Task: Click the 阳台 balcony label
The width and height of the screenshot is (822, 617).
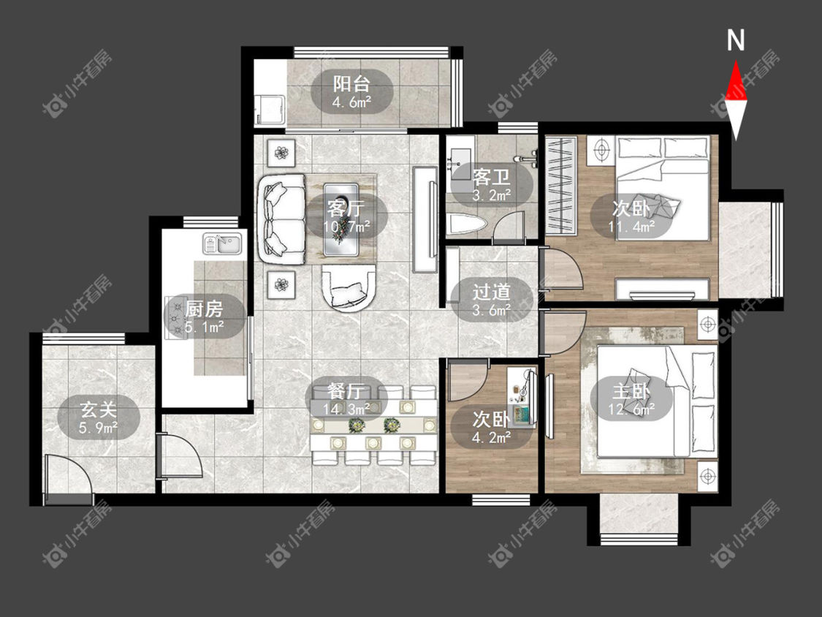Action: pos(351,84)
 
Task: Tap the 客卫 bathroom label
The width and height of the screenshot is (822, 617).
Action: pos(491,178)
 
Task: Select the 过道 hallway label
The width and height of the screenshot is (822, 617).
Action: pos(491,292)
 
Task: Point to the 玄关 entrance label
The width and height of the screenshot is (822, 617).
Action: pos(98,410)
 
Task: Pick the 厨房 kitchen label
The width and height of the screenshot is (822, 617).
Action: pos(204,309)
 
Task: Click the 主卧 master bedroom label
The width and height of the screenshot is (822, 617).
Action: pos(631,392)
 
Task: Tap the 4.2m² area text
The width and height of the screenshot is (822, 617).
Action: pos(491,437)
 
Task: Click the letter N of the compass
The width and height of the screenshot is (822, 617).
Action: pos(736,40)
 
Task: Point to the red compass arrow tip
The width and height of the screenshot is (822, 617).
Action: pos(736,61)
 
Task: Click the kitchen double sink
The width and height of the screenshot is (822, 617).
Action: pos(223,244)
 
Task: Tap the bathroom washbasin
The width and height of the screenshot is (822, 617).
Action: pos(461,156)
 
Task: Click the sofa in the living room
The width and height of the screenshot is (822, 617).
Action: pos(281,219)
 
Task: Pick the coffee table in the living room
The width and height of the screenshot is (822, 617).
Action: pos(341,220)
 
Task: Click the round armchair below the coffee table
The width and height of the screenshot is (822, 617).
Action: pos(349,287)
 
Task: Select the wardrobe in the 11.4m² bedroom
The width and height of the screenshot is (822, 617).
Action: pos(561,185)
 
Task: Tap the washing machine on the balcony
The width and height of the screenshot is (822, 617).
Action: pos(270,110)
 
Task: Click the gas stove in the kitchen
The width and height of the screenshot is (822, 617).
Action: pos(176,319)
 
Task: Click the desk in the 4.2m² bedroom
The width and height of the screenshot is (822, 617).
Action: pos(522,397)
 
